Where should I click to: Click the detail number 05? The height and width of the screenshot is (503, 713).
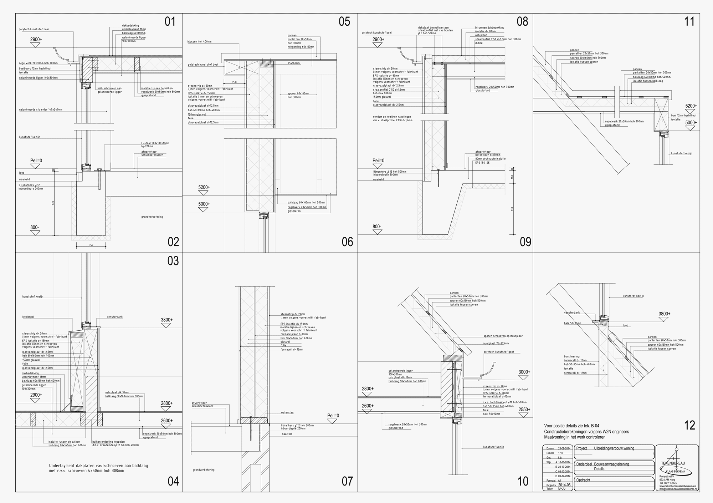coord(344,21)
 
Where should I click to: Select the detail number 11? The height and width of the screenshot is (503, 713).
coord(689,21)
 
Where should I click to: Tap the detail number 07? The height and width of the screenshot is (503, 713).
coord(347,481)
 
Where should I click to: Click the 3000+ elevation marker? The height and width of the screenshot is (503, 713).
coord(524,372)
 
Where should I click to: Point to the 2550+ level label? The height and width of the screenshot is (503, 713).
coord(524,410)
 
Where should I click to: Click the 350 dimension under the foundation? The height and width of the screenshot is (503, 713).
coord(91,245)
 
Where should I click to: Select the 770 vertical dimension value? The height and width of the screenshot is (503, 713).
coord(53,203)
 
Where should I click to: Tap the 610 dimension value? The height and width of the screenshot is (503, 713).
coord(512,209)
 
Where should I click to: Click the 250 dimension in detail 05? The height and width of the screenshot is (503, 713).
coord(234,82)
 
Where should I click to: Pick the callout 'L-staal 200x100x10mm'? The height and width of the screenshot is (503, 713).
coord(155,143)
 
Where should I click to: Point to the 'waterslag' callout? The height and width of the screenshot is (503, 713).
coord(287,412)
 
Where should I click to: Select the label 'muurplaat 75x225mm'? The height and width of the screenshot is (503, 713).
coord(496,343)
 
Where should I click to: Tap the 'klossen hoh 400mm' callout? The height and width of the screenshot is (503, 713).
coord(199,42)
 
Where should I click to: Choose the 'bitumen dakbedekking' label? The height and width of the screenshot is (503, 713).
coord(489,27)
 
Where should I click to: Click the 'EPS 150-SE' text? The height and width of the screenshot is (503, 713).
coord(482,163)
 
